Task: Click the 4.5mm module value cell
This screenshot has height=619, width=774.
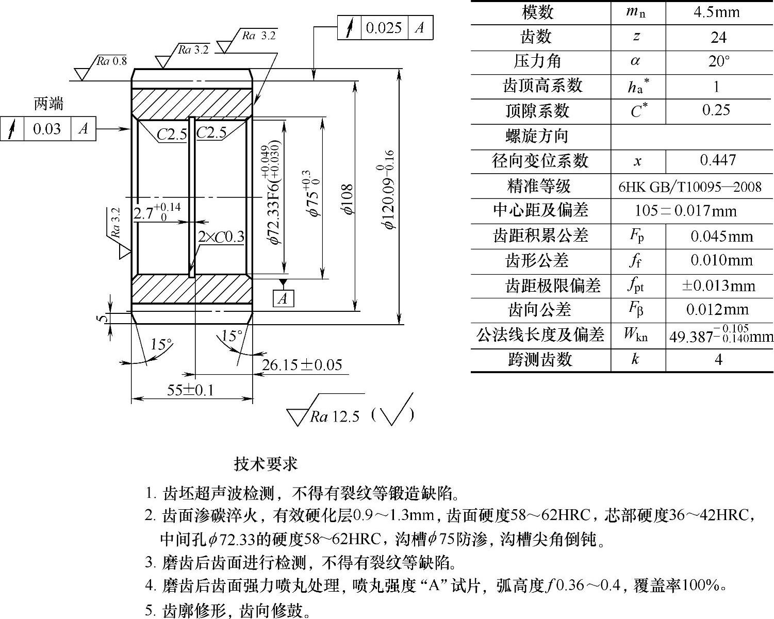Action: tap(716, 12)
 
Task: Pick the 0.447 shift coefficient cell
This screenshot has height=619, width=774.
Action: tap(718, 160)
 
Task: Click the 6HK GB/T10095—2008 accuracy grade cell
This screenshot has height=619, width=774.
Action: tap(689, 187)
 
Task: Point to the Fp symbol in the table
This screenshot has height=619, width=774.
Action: tap(637, 236)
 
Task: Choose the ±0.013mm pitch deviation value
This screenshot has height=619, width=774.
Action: tap(718, 286)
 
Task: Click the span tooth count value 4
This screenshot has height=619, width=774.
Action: tap(718, 359)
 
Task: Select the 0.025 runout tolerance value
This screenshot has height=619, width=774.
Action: tap(384, 27)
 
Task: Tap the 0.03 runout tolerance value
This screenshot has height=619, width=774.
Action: tap(47, 128)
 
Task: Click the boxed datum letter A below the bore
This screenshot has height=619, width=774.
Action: tap(283, 298)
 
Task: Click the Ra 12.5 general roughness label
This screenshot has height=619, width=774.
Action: tap(334, 416)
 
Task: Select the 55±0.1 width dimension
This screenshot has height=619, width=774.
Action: tap(190, 390)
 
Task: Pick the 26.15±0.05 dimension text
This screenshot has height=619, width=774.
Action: tap(302, 365)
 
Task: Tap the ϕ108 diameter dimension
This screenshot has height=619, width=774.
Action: tap(347, 199)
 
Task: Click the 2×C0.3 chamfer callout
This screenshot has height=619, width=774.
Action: tap(221, 237)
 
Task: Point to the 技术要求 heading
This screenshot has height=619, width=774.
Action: tap(266, 464)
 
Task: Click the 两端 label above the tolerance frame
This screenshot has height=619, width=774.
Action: tap(48, 104)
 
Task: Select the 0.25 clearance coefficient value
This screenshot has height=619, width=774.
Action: tap(716, 110)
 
